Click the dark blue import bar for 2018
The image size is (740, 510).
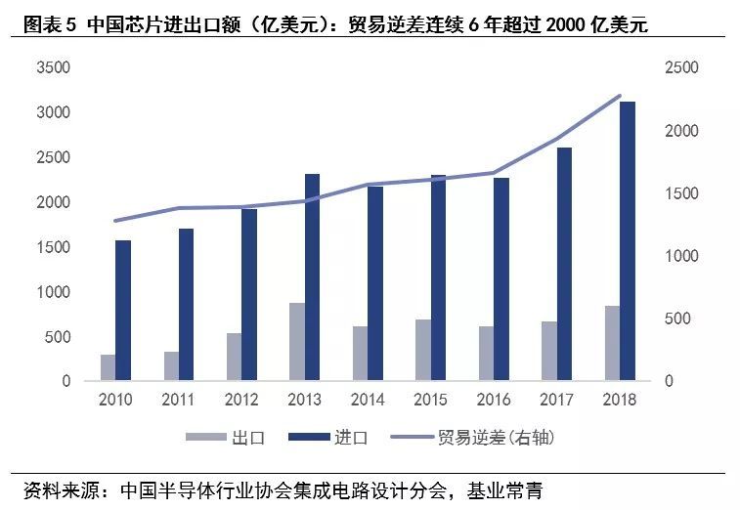pos(628,240)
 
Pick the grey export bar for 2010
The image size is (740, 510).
pos(108,367)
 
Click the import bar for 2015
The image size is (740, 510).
pos(438,277)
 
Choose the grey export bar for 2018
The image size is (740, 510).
pos(612,343)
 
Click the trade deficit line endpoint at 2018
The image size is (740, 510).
pos(620,96)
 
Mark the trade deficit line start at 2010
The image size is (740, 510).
pos(115,221)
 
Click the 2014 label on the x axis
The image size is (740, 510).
pos(368,400)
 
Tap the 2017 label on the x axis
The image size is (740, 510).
pos(557,400)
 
